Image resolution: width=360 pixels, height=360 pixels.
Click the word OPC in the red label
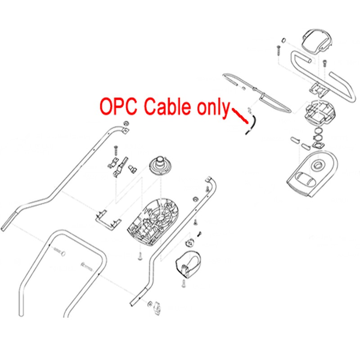tap(118, 107)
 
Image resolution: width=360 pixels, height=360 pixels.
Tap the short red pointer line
tap(240, 116)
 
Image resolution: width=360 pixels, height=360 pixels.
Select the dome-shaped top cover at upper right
tap(316, 42)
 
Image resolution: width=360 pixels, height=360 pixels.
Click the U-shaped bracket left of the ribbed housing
tap(108, 220)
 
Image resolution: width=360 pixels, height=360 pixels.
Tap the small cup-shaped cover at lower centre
tap(188, 264)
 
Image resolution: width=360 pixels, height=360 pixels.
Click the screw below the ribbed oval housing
tap(140, 256)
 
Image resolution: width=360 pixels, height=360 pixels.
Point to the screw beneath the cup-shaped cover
tap(184, 283)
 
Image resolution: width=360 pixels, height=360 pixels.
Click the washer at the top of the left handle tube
tap(126, 123)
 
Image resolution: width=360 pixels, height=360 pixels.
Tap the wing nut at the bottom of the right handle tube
tap(158, 308)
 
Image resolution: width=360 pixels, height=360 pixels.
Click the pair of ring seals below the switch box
tap(319, 134)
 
